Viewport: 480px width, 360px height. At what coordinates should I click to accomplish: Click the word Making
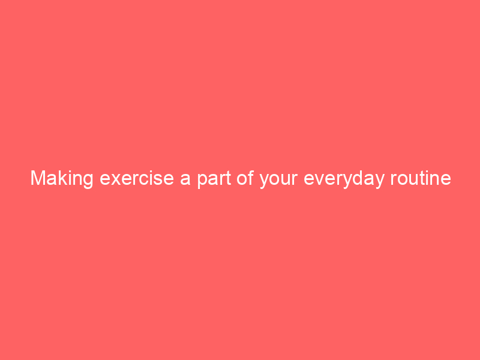[62, 179]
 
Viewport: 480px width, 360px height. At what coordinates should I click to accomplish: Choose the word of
[242, 179]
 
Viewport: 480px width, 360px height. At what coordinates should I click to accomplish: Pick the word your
[278, 179]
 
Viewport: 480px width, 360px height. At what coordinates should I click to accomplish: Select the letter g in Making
[88, 180]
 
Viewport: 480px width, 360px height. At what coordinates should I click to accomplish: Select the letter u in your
[284, 179]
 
